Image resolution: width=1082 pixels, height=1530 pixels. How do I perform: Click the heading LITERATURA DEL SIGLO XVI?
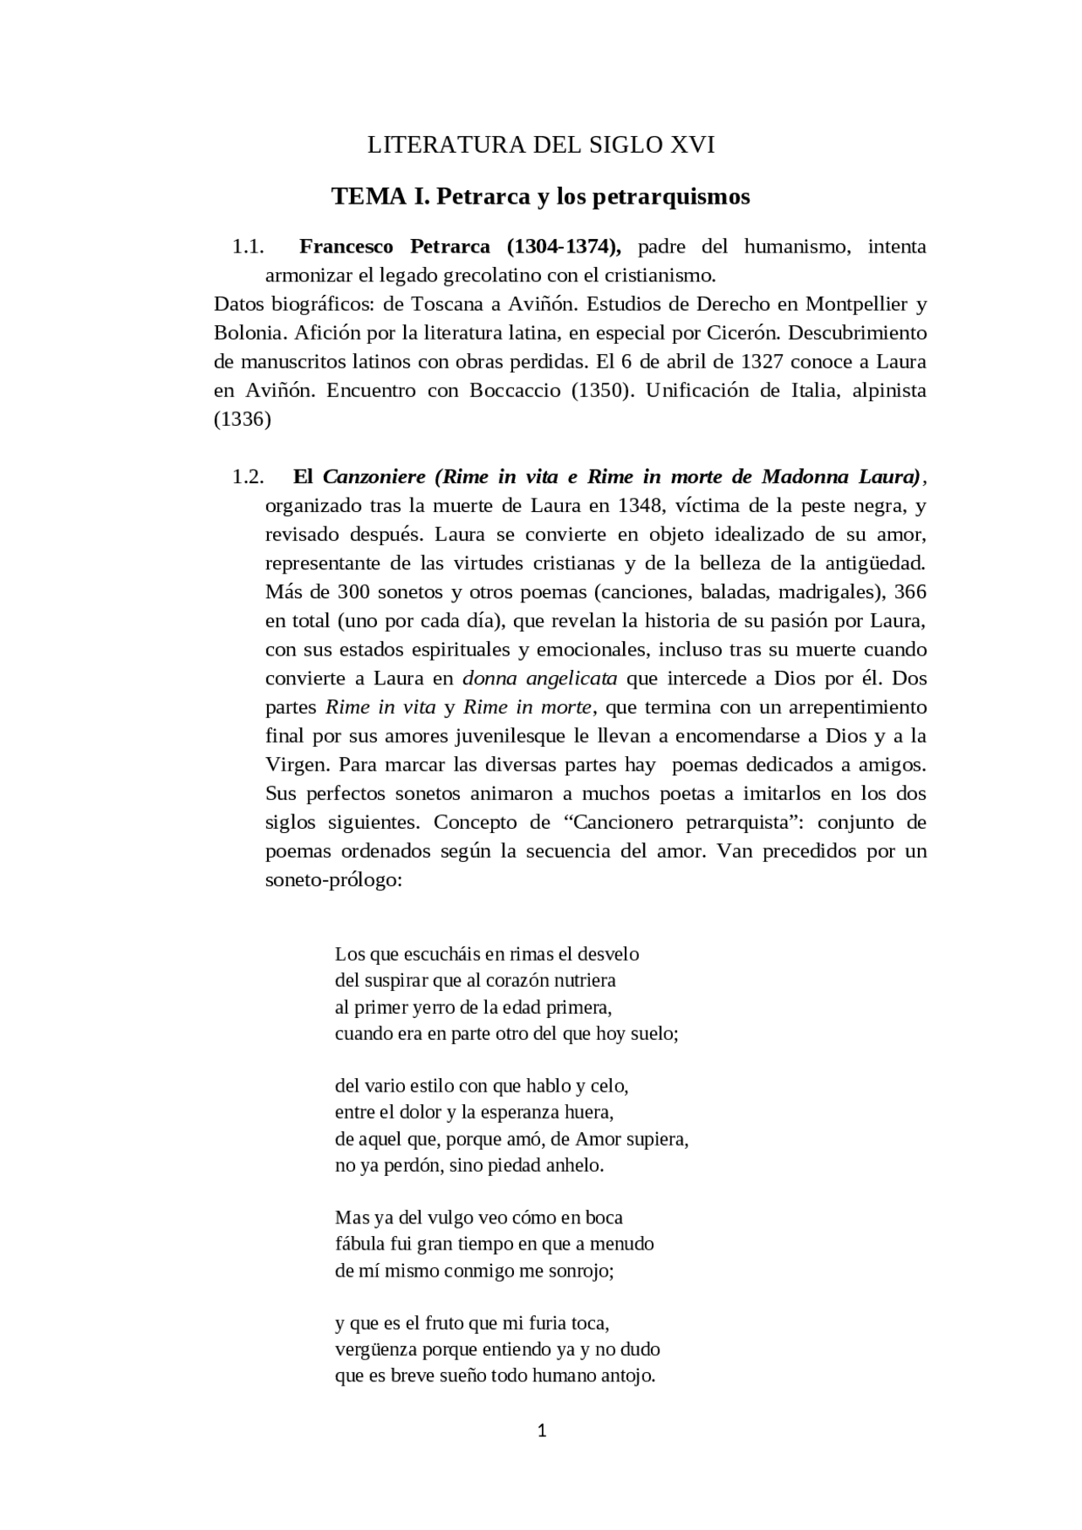click(541, 145)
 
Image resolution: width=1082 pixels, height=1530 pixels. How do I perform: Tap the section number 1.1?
click(248, 247)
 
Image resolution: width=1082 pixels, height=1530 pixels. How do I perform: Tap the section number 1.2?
click(248, 476)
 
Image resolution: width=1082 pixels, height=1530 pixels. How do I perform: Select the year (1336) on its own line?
click(243, 419)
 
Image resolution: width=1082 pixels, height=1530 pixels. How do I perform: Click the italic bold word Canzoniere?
click(374, 476)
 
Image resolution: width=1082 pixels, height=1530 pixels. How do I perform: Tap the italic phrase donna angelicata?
click(539, 678)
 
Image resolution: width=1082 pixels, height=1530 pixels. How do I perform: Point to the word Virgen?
click(296, 765)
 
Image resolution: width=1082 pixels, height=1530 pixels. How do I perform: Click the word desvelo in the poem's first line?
click(608, 955)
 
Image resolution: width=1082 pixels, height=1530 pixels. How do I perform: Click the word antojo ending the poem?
click(626, 1375)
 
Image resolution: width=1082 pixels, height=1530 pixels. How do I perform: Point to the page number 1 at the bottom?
click(542, 1430)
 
